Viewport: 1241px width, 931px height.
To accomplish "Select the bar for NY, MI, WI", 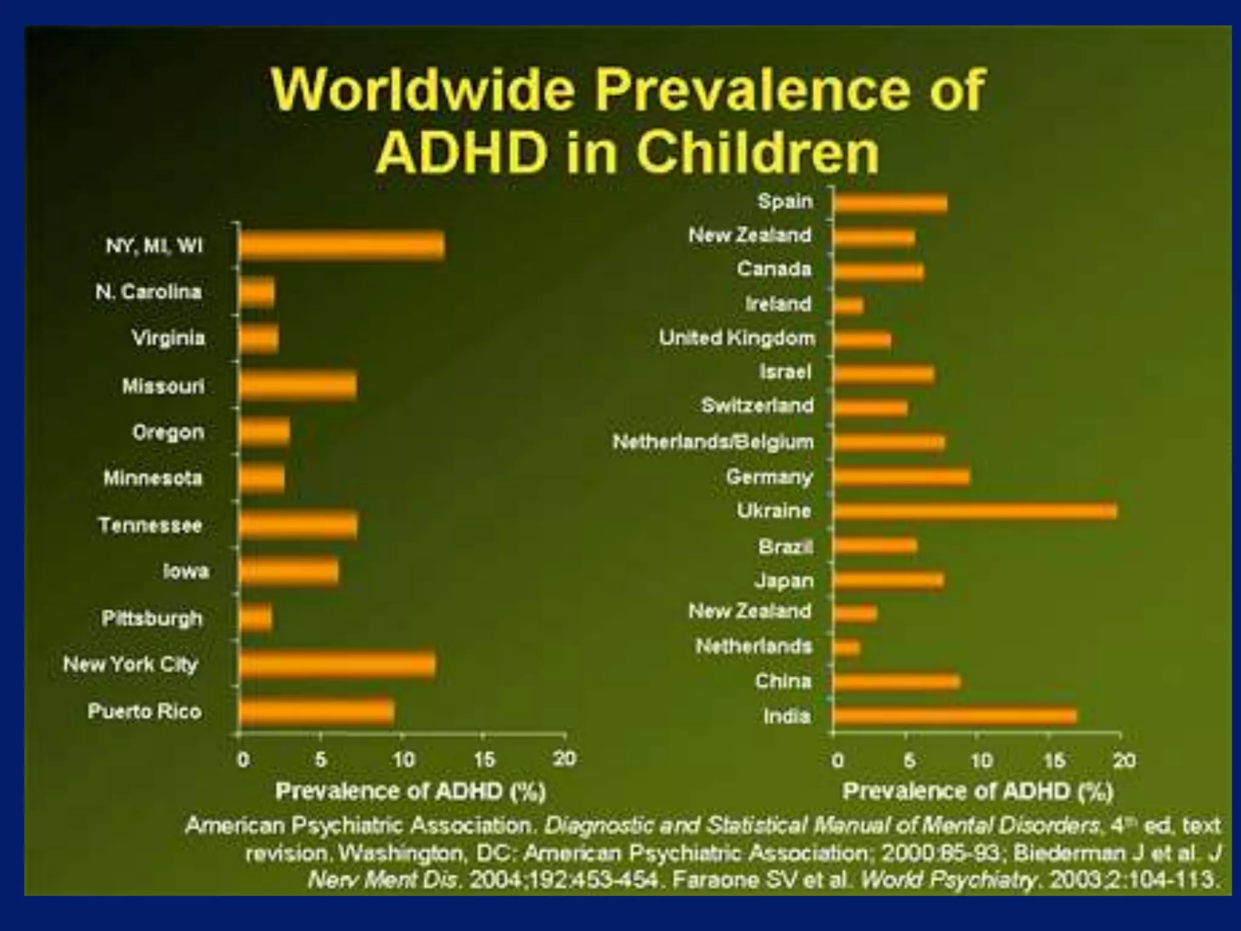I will [342, 246].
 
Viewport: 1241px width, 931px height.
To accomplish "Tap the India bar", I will [954, 716].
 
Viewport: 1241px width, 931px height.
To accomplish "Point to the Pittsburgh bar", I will [256, 619].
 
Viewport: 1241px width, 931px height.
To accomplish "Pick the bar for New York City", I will [337, 665].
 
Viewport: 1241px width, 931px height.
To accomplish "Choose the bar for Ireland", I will [848, 305].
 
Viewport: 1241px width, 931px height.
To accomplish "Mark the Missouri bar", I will [298, 386].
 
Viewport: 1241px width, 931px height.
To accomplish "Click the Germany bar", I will [901, 477].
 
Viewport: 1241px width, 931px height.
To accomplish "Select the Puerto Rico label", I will [145, 711].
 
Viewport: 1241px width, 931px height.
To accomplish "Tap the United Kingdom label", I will [737, 338].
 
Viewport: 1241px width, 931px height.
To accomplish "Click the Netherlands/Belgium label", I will [713, 442].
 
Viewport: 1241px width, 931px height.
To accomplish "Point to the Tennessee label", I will [150, 525].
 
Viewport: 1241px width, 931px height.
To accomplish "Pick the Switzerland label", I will [757, 405].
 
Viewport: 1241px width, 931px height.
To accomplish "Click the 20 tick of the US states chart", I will [564, 758].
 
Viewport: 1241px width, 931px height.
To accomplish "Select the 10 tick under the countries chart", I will [982, 760].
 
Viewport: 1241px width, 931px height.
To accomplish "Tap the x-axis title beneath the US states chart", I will [410, 792].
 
